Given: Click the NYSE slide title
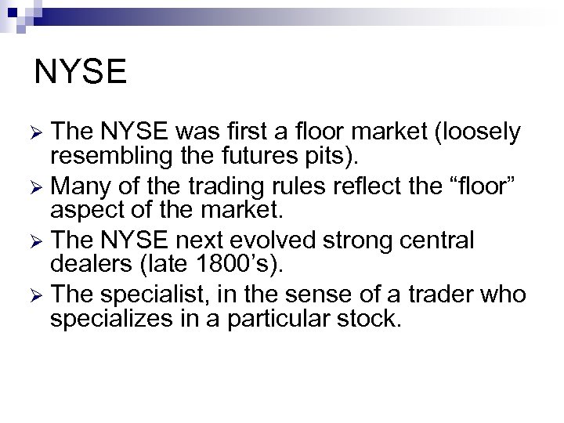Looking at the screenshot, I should pos(81,72).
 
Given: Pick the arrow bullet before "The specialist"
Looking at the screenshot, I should pos(42,295).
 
